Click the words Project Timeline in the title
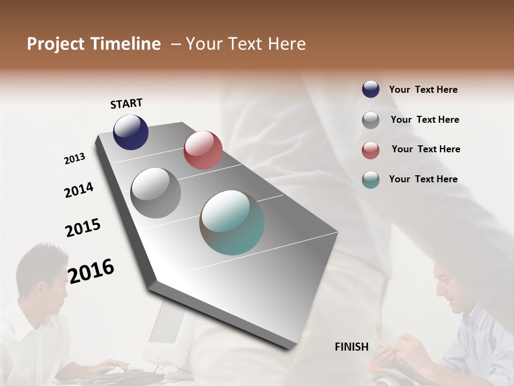(94, 44)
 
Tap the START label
(126, 103)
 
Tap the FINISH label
(352, 347)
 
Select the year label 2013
(74, 159)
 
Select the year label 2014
(79, 190)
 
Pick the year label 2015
(83, 228)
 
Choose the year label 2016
(91, 271)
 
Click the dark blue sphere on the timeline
(131, 132)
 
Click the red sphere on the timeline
(203, 150)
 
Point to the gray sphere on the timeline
(156, 193)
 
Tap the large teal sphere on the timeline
(232, 222)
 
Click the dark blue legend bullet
(371, 89)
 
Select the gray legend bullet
(371, 120)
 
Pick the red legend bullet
(371, 150)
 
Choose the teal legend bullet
(371, 180)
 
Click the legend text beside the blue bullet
(424, 90)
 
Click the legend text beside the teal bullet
(424, 179)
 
